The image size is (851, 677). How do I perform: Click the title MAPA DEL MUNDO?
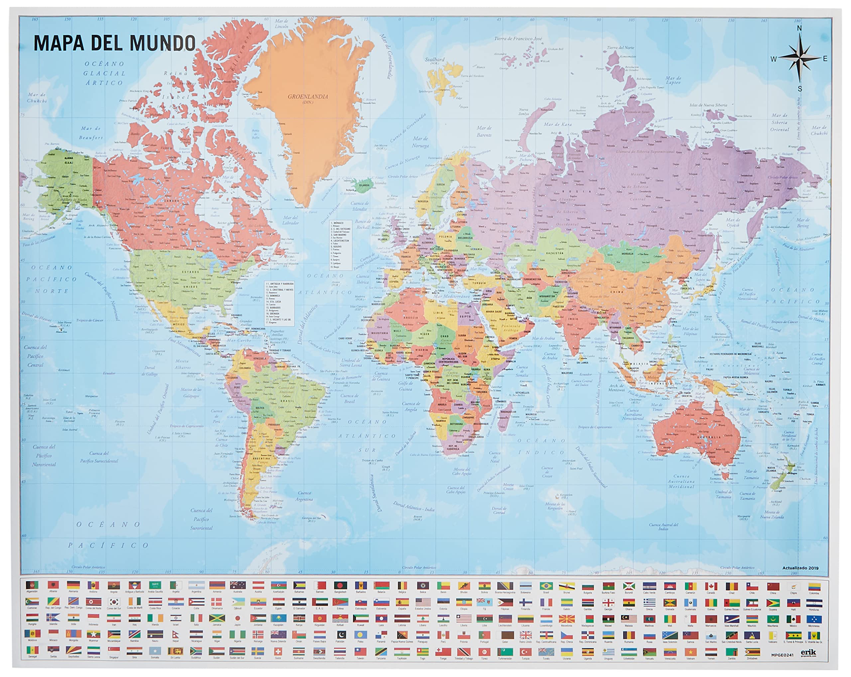(x=114, y=44)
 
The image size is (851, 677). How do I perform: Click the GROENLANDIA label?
(x=307, y=97)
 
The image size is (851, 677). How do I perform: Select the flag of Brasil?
(x=546, y=586)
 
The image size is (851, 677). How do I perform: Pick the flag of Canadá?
(x=711, y=586)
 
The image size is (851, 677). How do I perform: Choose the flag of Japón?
(x=237, y=619)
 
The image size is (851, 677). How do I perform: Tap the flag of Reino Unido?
(x=525, y=635)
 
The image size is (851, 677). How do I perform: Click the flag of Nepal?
(x=175, y=635)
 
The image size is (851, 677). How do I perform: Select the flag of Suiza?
(x=278, y=651)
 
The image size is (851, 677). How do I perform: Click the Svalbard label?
(x=434, y=59)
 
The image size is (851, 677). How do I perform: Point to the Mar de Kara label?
(x=557, y=125)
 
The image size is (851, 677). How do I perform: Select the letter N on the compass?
(x=799, y=29)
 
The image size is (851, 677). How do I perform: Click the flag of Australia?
(x=237, y=586)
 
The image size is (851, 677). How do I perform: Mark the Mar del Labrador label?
(x=290, y=220)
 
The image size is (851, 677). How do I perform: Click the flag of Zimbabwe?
(x=752, y=651)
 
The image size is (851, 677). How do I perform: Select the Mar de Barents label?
(x=484, y=131)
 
